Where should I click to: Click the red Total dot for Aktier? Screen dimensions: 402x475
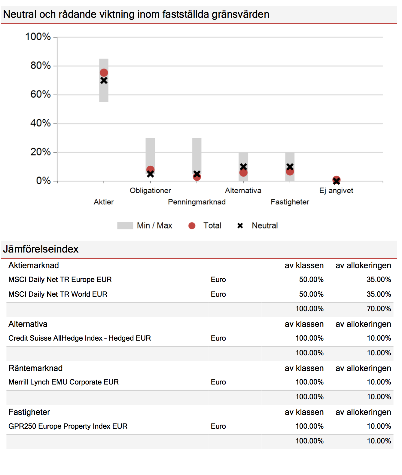[x=104, y=73]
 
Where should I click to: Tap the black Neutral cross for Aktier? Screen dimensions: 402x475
[x=104, y=81]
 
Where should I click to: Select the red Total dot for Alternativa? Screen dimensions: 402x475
[x=243, y=173]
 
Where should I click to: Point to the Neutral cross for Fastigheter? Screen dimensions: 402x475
[x=290, y=167]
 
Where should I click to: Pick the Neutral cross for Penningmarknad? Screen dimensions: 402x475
[x=197, y=174]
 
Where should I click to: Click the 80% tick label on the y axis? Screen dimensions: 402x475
[x=41, y=66]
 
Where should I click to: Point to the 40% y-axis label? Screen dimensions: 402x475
[x=41, y=123]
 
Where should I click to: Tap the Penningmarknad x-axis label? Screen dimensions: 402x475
[x=196, y=202]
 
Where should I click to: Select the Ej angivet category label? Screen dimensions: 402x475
[x=336, y=191]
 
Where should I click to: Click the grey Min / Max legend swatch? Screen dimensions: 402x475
[x=125, y=226]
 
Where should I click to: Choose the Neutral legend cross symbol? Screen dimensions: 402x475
[x=240, y=226]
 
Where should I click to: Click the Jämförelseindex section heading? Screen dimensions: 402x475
[x=41, y=249]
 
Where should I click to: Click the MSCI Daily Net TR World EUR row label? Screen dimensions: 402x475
[x=58, y=294]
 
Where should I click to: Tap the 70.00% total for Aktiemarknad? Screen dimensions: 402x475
[x=379, y=309]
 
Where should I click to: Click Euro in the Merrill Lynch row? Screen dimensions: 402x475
[x=218, y=382]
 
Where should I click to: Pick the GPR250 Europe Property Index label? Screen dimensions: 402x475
[x=68, y=426]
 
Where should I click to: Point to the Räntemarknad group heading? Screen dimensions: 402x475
[x=35, y=368]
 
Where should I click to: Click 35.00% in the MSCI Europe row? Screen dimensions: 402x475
[x=379, y=280]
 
